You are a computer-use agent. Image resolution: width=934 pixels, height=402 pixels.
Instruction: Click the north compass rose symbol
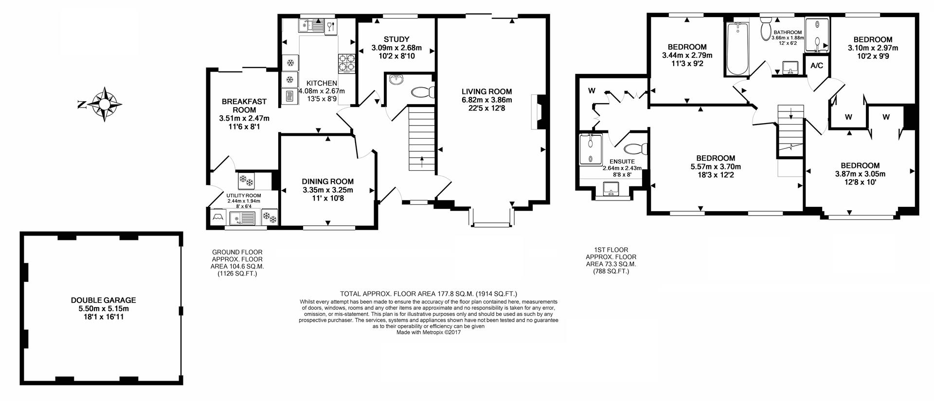pos(104,104)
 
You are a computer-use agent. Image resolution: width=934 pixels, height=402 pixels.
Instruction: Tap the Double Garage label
pos(103,300)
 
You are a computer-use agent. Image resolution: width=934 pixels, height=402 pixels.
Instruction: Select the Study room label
pos(396,39)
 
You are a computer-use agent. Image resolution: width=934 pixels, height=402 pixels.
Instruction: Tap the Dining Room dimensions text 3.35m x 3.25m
pos(327,190)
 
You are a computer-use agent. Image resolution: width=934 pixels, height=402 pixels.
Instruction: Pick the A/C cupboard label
pos(816,66)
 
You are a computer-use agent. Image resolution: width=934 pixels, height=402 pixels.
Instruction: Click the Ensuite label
pos(622,162)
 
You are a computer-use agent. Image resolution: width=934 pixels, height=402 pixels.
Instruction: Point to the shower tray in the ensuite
pos(591,148)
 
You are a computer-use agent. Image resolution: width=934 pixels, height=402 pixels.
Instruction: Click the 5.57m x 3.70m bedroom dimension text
pos(715,166)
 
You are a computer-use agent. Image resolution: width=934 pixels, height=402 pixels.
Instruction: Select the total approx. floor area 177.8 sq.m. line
pos(428,293)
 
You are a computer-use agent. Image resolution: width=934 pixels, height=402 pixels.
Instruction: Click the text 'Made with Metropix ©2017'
pos(428,332)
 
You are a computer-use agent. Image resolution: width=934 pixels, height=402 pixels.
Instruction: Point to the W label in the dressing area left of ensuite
pos(592,91)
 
